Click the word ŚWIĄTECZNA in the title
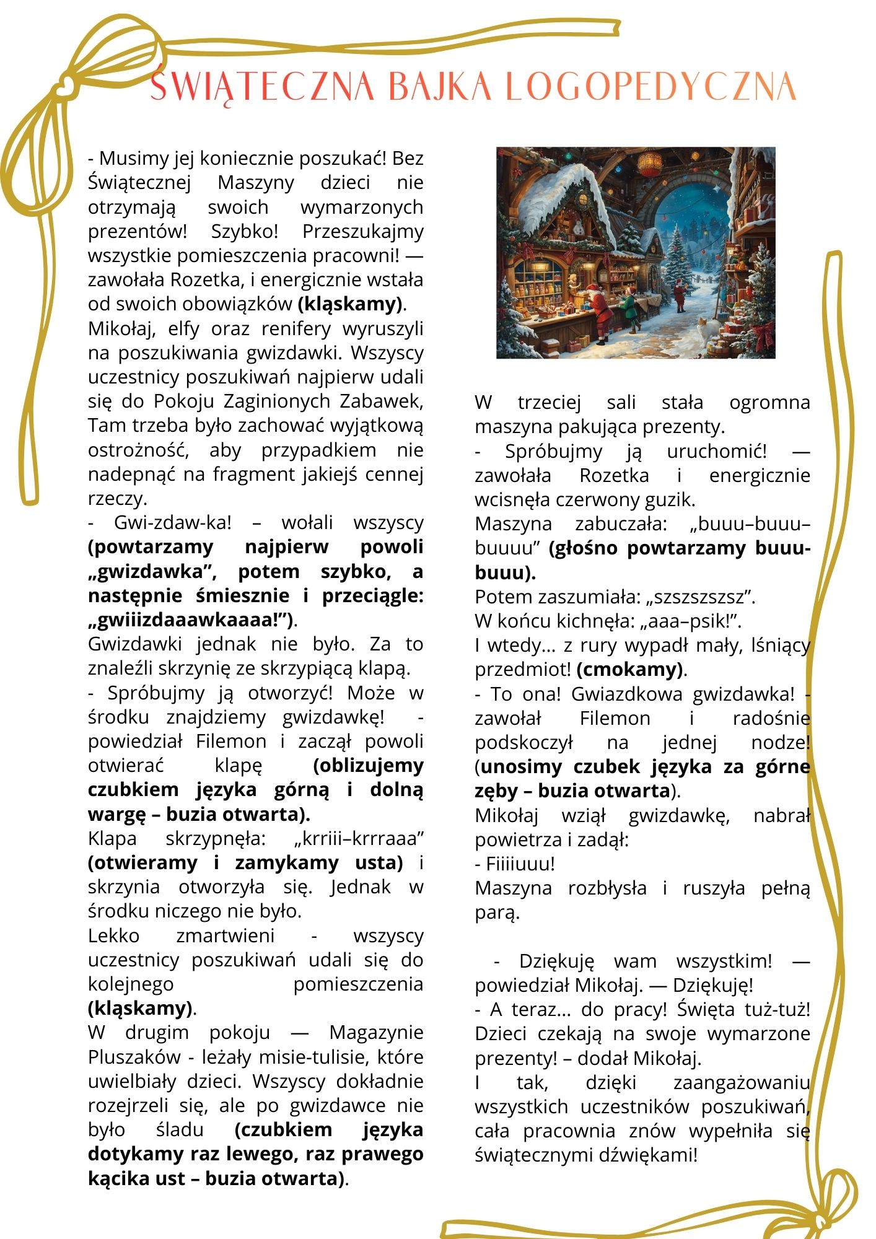pos(263,87)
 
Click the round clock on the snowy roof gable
pos(583,198)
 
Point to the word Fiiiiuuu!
pos(520,864)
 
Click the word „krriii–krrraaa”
pos(358,839)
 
